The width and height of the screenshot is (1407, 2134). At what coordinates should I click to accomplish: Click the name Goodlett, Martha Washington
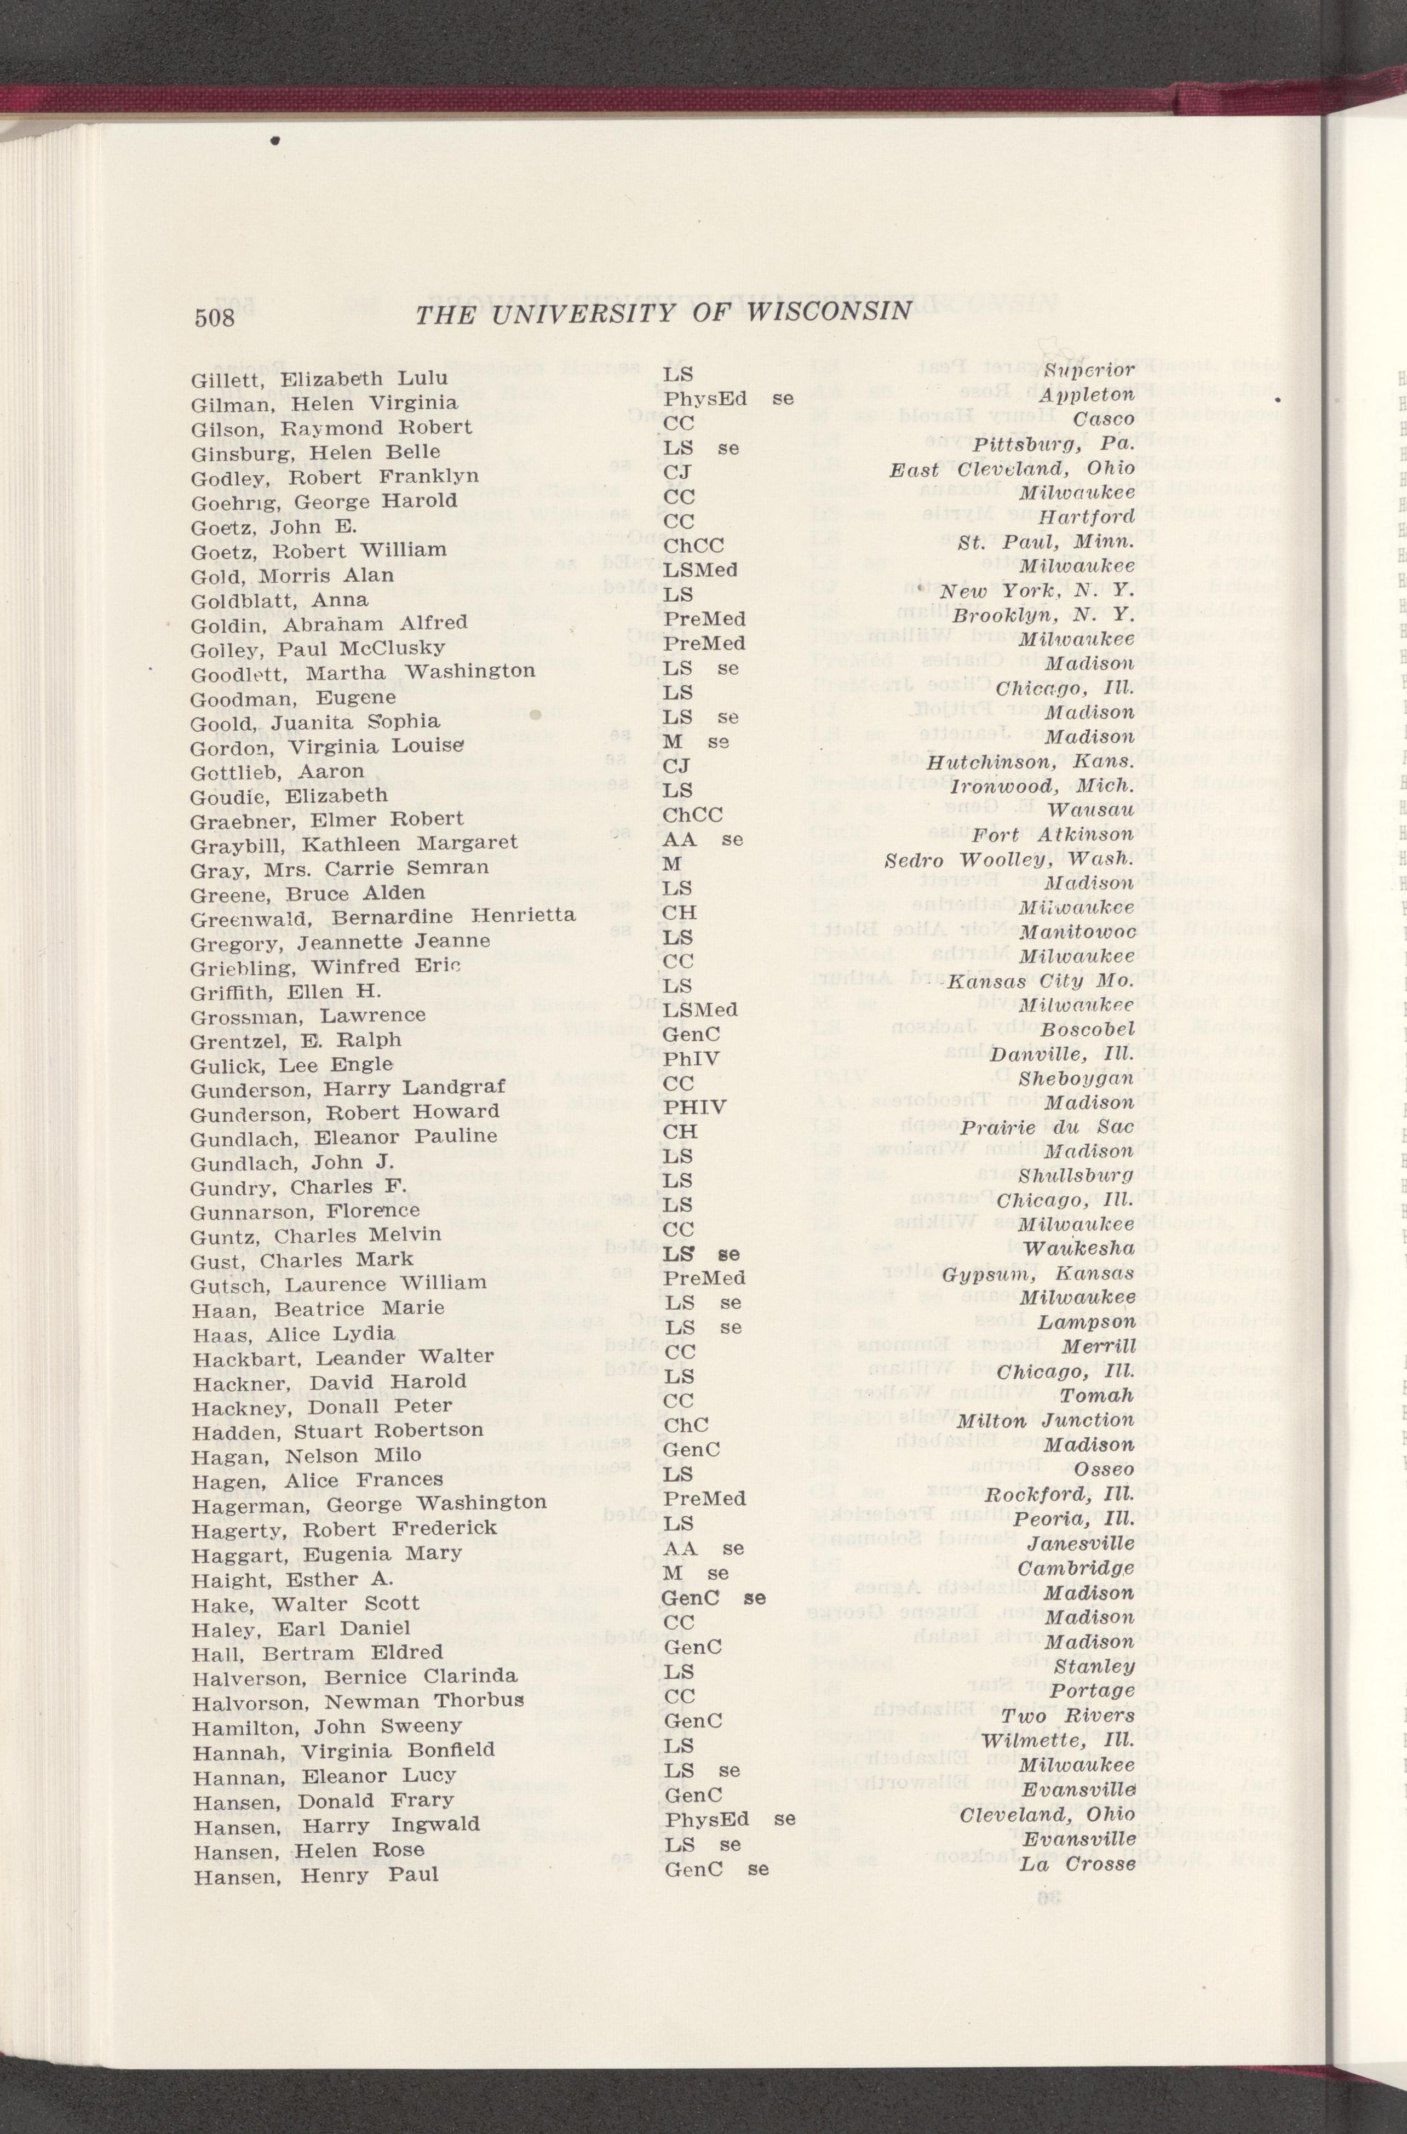point(364,670)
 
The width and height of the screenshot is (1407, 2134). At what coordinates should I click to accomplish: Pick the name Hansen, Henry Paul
point(316,1850)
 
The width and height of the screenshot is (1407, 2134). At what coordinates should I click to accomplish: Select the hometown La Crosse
point(1078,1838)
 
